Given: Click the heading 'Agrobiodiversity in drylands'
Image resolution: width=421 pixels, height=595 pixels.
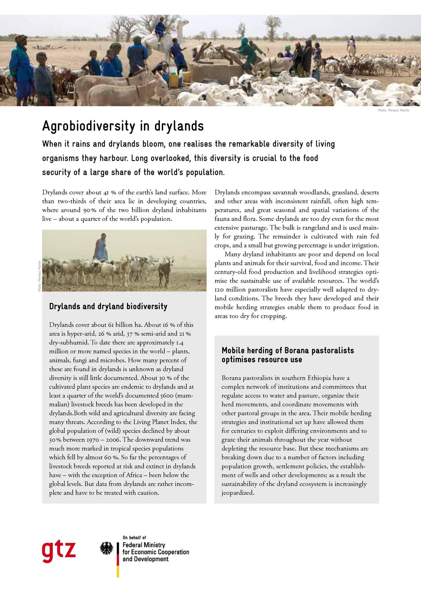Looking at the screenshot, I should [x=123, y=126].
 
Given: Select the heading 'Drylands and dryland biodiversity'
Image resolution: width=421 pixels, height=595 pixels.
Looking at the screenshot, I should [x=108, y=306].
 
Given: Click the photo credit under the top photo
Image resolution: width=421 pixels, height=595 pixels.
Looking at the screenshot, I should [x=393, y=110].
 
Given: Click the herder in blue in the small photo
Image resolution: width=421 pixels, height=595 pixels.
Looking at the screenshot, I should [x=101, y=247].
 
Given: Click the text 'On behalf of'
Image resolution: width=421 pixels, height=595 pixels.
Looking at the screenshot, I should [x=134, y=537].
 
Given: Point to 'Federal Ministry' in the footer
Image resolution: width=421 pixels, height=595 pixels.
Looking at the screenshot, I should [x=143, y=545].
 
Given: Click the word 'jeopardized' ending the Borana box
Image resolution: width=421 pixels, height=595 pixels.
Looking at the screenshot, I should [x=237, y=493].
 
